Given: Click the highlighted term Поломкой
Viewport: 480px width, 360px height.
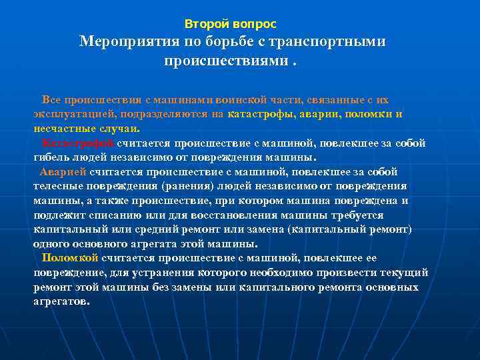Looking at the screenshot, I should tap(70, 258).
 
